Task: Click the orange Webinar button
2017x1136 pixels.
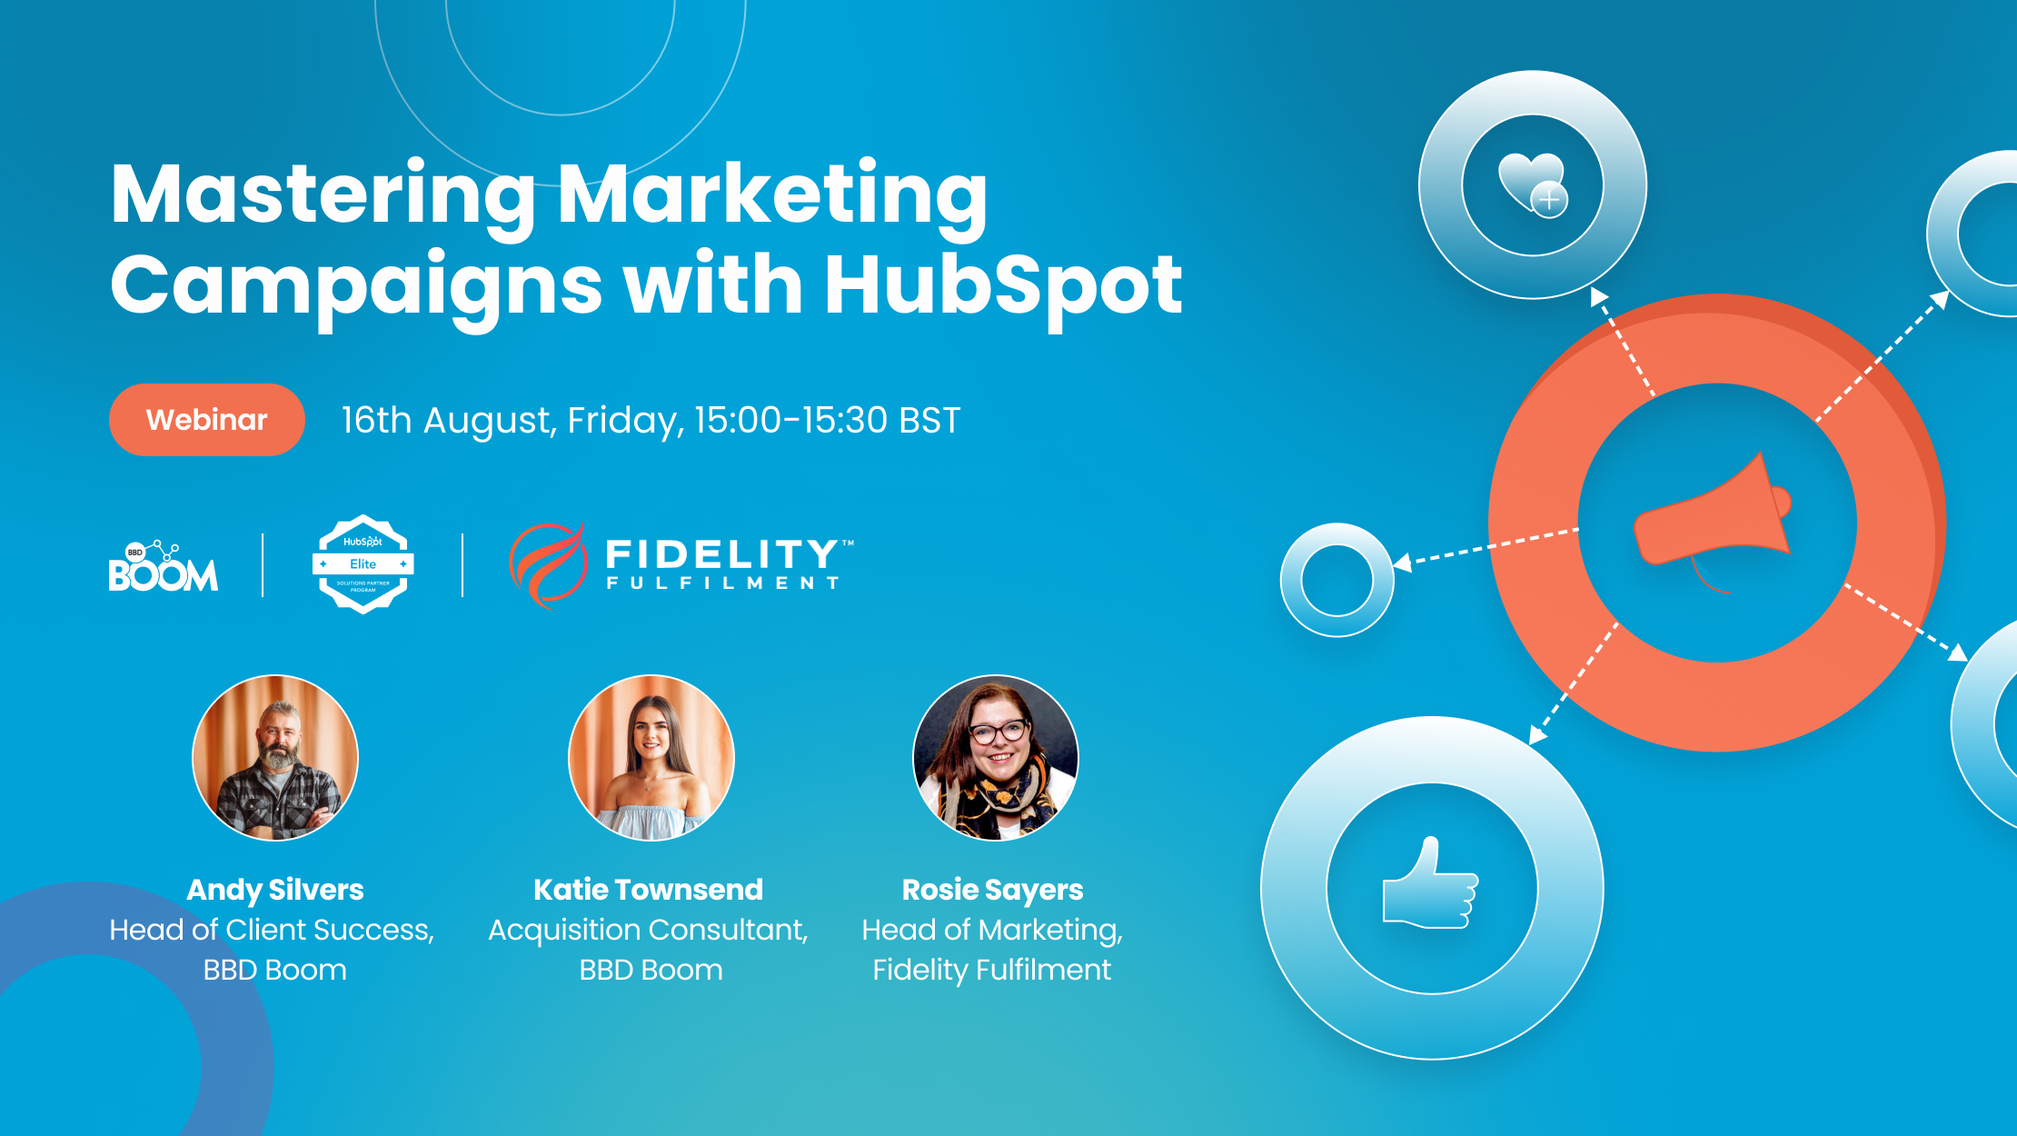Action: (206, 420)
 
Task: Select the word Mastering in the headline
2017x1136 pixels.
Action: (323, 194)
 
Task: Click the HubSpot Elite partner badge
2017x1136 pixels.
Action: (363, 564)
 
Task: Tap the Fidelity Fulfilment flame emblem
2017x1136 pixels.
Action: (547, 564)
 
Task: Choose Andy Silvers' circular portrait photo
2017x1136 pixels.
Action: (275, 757)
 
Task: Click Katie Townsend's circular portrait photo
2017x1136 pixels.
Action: (651, 757)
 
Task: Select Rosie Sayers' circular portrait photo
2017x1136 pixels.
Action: (995, 757)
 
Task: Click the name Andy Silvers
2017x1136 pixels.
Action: (275, 890)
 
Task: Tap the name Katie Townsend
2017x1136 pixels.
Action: (648, 890)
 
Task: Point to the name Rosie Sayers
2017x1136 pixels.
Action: (992, 890)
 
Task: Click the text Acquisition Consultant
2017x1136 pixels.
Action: (648, 930)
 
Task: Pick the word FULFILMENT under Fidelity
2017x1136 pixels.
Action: (722, 583)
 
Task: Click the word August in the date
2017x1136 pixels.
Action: (488, 420)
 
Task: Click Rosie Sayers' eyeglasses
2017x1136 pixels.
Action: (999, 731)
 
